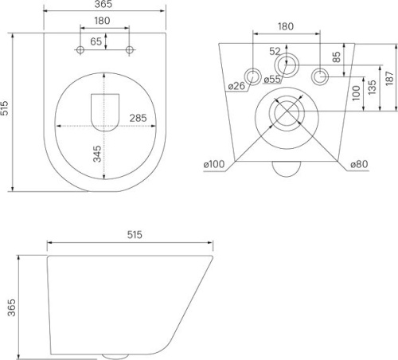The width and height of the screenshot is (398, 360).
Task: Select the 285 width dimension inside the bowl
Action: click(x=138, y=118)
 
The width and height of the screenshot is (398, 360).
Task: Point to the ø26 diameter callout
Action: click(x=235, y=86)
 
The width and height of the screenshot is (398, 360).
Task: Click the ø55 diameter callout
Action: click(x=272, y=80)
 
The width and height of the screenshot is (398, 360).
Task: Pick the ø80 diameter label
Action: click(x=358, y=165)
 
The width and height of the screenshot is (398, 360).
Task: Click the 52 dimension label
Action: click(x=275, y=51)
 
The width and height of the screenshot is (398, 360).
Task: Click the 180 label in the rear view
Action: click(x=287, y=26)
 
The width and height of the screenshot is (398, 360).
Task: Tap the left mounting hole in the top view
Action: click(x=80, y=51)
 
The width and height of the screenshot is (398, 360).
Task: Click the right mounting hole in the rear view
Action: click(x=321, y=76)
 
